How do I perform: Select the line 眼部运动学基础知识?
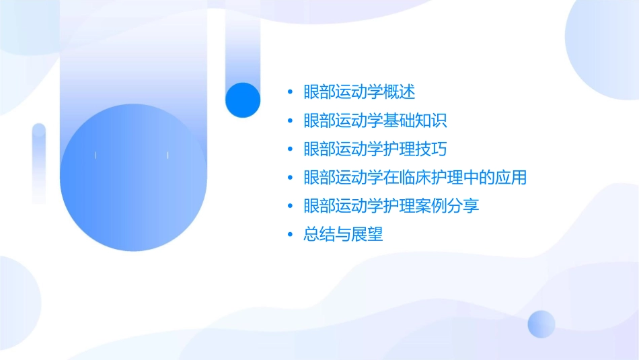[x=375, y=121]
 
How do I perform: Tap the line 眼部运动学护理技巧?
[x=375, y=149]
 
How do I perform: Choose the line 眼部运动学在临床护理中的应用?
[x=414, y=178]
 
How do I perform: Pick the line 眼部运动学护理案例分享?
[x=391, y=206]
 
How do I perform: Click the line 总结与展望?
[x=343, y=235]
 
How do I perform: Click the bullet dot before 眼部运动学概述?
[x=290, y=92]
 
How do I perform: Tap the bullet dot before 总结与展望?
[x=290, y=235]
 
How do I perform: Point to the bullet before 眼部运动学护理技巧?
[x=290, y=149]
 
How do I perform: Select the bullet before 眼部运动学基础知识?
[x=290, y=121]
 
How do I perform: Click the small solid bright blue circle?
[x=243, y=100]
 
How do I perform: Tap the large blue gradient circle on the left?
[x=133, y=178]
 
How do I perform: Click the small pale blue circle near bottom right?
[x=541, y=324]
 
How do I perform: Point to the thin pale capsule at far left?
[x=39, y=163]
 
